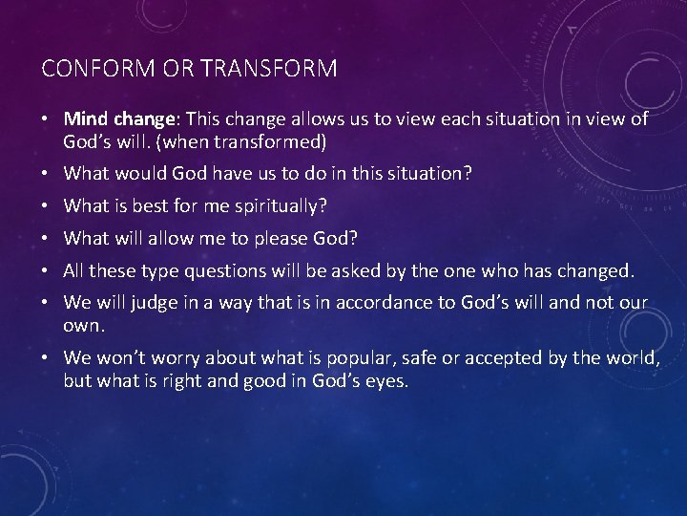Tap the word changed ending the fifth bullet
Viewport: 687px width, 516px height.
point(597,271)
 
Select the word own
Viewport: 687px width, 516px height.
point(82,326)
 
